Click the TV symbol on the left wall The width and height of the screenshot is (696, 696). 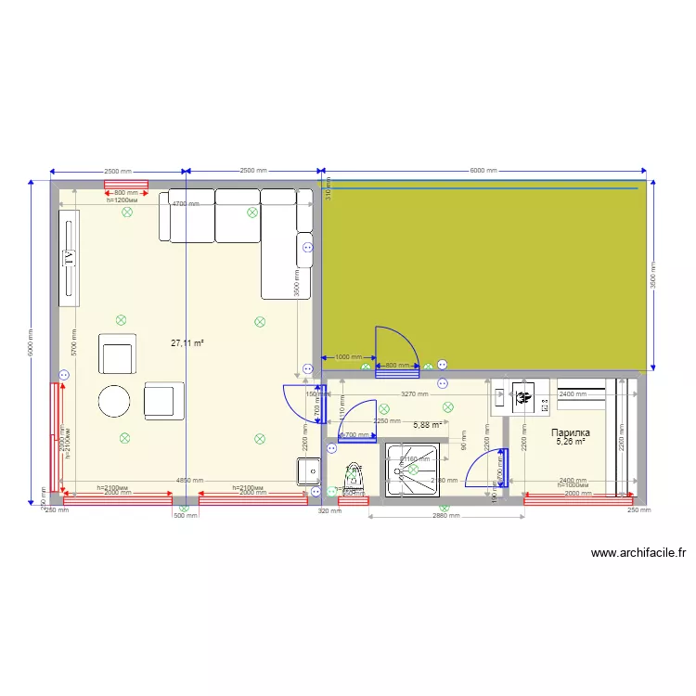tap(68, 257)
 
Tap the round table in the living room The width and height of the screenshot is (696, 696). tap(116, 401)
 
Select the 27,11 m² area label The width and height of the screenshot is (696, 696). tap(187, 342)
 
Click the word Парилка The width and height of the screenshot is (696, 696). tap(571, 432)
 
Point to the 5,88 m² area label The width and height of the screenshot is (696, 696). tap(427, 425)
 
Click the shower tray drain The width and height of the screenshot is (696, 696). tap(412, 470)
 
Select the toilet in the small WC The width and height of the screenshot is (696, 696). tap(354, 474)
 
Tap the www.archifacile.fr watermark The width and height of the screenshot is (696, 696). tap(639, 553)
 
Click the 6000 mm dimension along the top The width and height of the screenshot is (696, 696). tap(483, 171)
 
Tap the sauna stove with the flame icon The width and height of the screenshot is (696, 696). tap(523, 398)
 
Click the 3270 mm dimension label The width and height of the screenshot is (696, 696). tap(414, 394)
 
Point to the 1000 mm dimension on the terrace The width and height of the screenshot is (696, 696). tap(349, 356)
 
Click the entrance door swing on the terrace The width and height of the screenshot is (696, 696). tap(394, 348)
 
